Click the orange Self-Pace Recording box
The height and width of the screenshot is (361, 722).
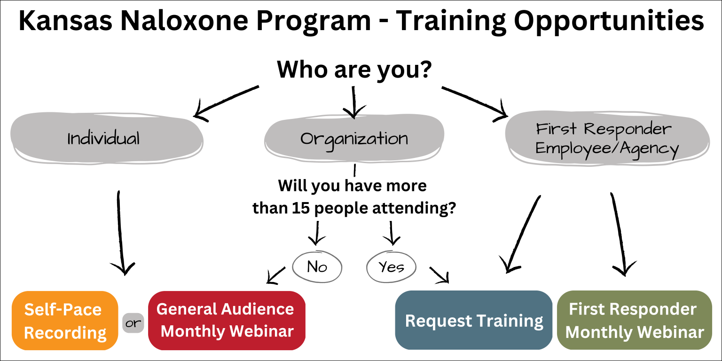click(x=65, y=321)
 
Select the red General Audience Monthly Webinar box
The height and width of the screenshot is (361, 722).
click(x=227, y=320)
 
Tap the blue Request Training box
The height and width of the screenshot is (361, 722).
click(x=474, y=321)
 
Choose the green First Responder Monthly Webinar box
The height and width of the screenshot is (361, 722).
click(x=635, y=321)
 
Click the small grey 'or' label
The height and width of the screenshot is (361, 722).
click(x=133, y=323)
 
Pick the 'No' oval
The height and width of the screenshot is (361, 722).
click(x=317, y=267)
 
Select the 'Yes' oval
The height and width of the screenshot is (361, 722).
click(x=391, y=267)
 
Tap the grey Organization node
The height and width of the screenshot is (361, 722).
click(x=354, y=139)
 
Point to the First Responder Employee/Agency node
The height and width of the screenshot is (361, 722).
click(x=606, y=139)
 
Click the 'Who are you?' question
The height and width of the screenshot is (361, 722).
click(x=354, y=70)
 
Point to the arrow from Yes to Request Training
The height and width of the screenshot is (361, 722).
click(x=439, y=275)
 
